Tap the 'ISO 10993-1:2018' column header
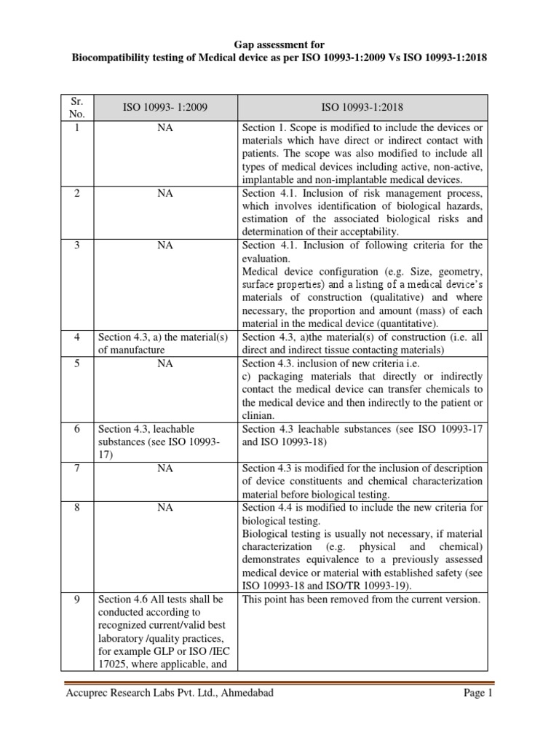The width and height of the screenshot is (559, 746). (x=362, y=108)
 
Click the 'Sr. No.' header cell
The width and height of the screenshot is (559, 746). (x=77, y=108)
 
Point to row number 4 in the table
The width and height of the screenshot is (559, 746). (x=77, y=337)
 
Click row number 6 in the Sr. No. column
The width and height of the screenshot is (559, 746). (x=77, y=429)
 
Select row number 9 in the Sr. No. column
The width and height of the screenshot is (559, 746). (x=77, y=600)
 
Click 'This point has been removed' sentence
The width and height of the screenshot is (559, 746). (x=361, y=600)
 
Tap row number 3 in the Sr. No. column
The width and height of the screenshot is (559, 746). (x=77, y=246)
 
